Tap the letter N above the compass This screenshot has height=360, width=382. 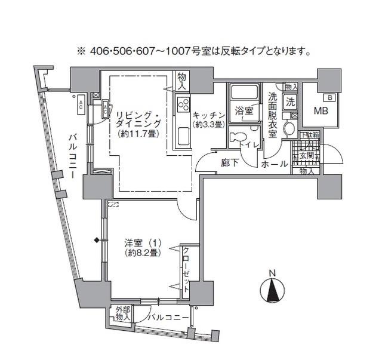[x=272, y=274]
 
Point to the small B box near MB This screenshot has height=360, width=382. [x=328, y=97]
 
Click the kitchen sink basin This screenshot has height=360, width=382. [x=182, y=137]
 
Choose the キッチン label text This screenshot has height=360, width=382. [x=208, y=115]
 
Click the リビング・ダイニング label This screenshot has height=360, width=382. [x=137, y=119]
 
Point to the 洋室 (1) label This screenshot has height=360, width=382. [x=143, y=243]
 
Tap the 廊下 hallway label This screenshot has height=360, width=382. [x=230, y=163]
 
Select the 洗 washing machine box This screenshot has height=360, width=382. [x=291, y=101]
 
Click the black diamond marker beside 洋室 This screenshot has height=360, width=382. [x=95, y=241]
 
